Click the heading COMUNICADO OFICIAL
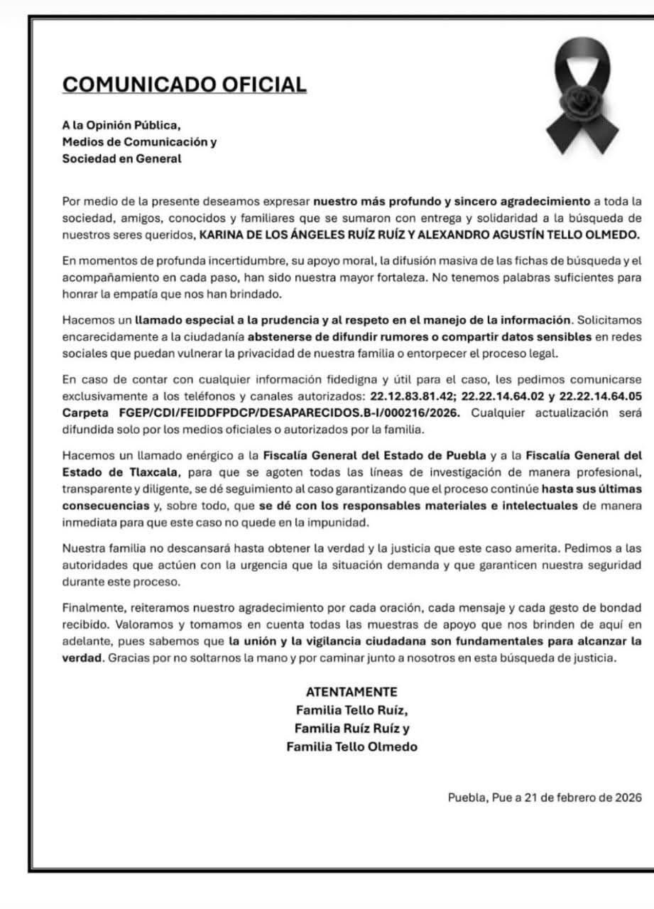[185, 85]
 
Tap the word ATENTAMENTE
[351, 692]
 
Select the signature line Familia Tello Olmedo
[351, 746]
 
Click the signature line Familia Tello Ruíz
[351, 709]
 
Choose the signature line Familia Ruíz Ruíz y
[351, 728]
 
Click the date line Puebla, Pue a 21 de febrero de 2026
[544, 798]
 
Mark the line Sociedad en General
[121, 159]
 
